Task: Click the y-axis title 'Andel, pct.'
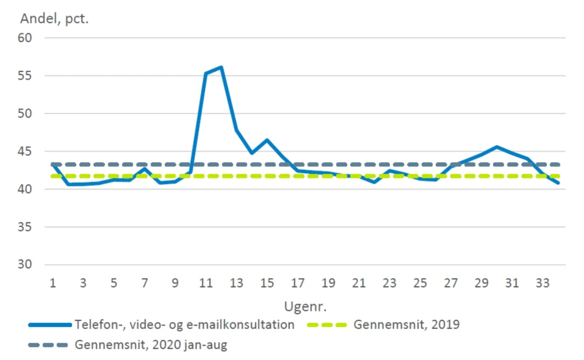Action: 55,18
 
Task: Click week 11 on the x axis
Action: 206,283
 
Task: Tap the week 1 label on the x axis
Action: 52,283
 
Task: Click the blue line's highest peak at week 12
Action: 221,67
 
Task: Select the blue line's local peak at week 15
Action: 267,140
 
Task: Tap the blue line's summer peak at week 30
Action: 498,147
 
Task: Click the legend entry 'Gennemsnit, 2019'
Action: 406,324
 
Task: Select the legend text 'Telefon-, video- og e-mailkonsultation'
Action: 184,324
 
